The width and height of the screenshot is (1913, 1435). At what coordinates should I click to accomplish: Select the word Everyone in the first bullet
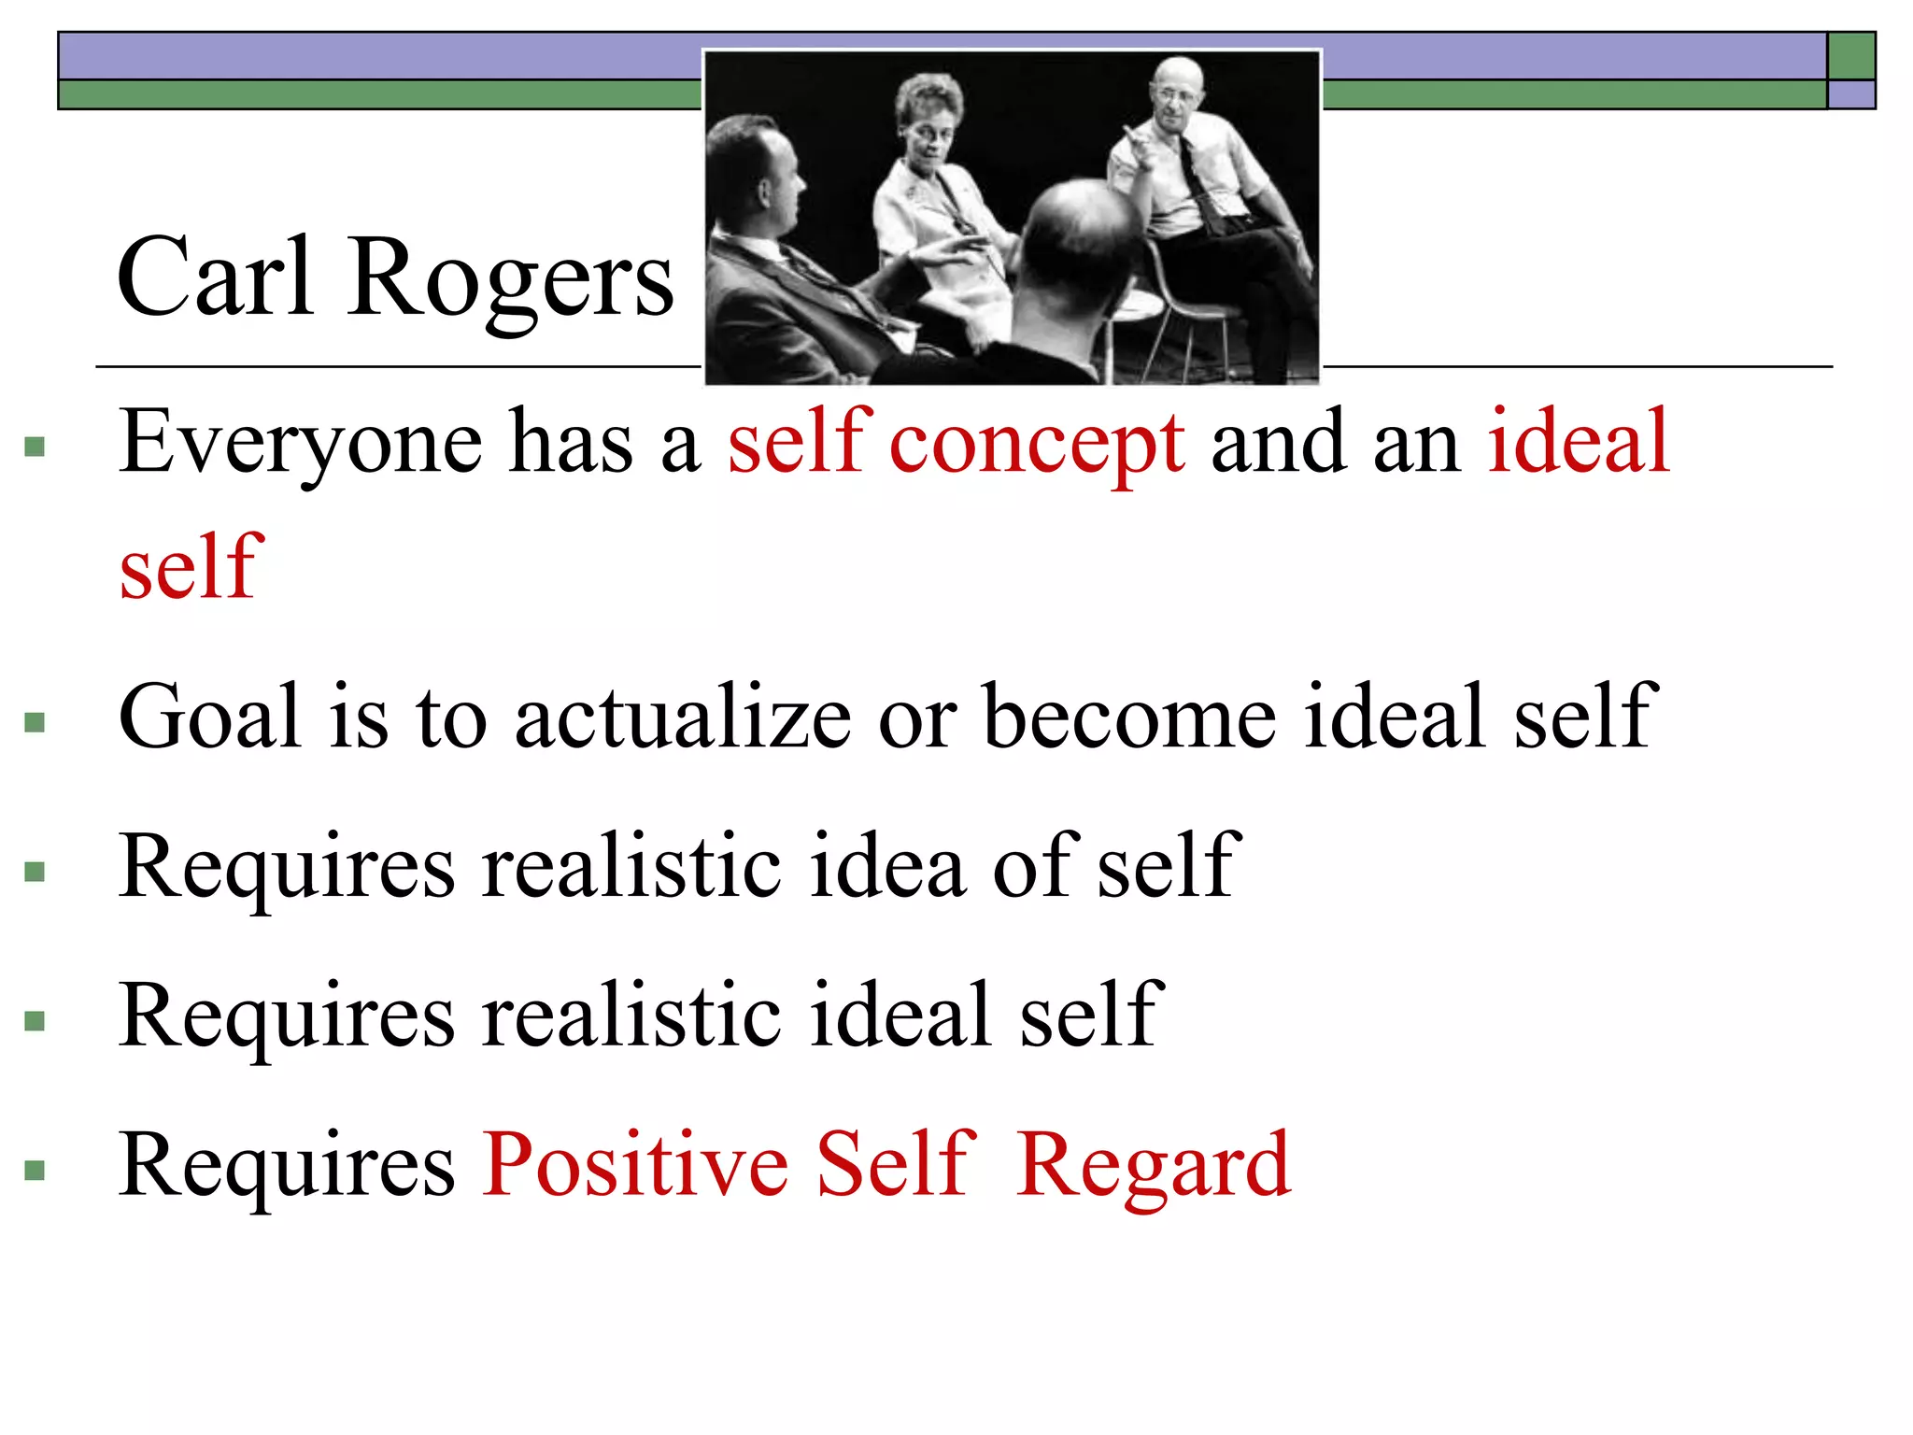point(300,443)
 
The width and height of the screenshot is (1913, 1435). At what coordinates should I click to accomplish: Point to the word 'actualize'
point(683,717)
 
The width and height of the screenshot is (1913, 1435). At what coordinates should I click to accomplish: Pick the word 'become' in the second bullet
point(1130,717)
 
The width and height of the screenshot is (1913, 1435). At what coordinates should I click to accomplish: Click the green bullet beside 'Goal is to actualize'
point(35,722)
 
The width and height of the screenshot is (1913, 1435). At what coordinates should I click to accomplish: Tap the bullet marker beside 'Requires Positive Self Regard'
point(35,1170)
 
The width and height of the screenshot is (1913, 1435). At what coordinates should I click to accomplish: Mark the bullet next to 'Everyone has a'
point(35,447)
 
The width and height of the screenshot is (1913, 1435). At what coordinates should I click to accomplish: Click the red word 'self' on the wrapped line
point(191,566)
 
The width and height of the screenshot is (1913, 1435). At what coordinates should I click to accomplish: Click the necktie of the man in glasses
point(1197,182)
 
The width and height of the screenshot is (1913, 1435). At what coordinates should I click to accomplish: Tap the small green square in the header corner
point(1851,56)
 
